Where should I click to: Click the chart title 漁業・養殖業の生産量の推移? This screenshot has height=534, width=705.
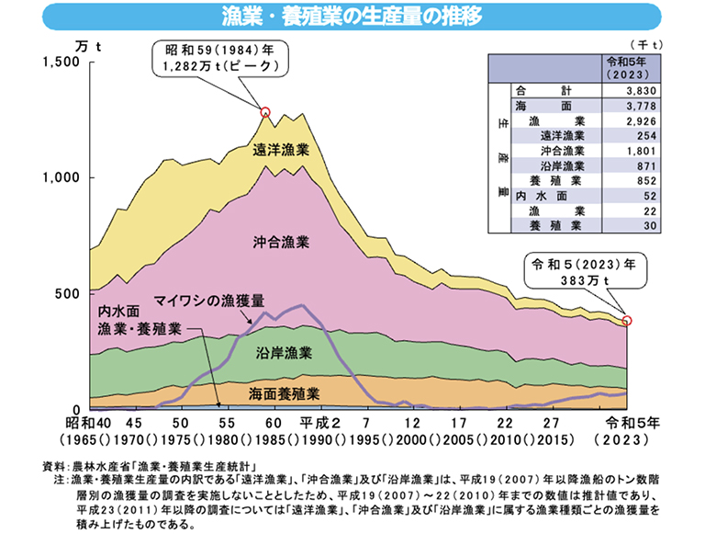352,17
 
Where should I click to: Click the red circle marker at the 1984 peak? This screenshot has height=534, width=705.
265,112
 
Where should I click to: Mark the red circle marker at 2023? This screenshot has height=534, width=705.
628,321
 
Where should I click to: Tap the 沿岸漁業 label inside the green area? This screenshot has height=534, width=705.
284,352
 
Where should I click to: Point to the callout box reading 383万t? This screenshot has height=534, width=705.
585,271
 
